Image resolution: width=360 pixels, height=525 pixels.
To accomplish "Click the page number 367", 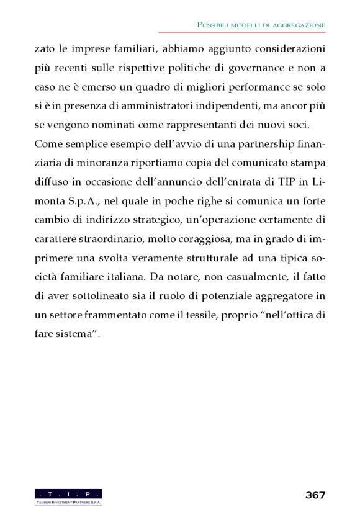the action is coord(315,495).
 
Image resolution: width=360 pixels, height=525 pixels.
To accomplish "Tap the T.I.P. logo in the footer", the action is coord(68,496).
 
